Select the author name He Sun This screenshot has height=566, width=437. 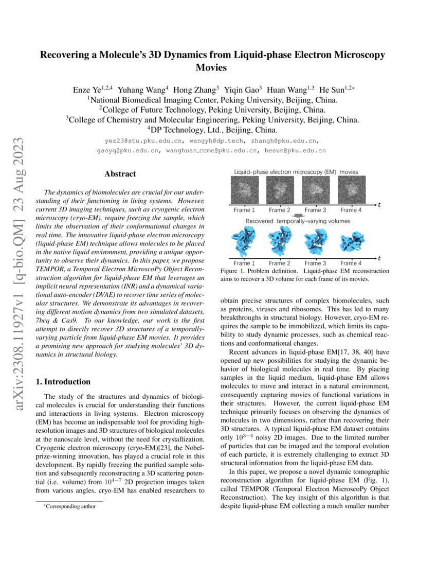(333, 90)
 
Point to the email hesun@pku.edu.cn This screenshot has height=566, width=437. (295, 151)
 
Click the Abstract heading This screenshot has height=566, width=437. (120, 174)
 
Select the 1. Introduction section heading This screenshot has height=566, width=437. (65, 382)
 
